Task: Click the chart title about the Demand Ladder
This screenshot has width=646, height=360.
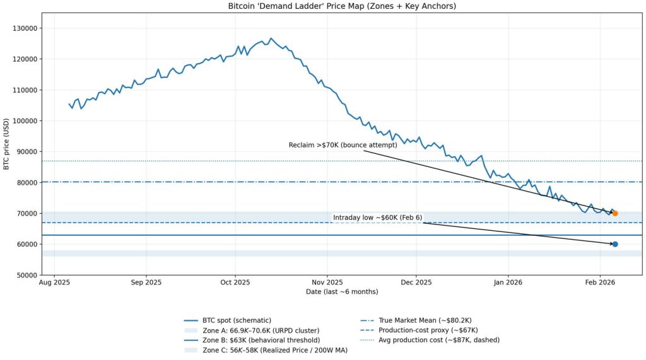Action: coord(341,6)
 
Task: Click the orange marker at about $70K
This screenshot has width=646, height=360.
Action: coord(615,213)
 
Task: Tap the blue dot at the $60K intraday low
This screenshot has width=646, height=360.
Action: coord(615,244)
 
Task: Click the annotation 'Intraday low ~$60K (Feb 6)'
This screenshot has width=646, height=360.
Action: coord(377,218)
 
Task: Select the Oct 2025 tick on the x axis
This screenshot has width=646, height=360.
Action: coord(235,283)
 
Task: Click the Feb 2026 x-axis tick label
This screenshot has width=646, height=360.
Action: coord(600,283)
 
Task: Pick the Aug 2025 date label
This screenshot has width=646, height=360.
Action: coord(54,283)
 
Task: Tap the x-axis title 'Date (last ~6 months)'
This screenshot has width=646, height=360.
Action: coord(341,292)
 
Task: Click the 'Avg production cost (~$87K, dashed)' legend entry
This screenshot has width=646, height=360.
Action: coord(438,340)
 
